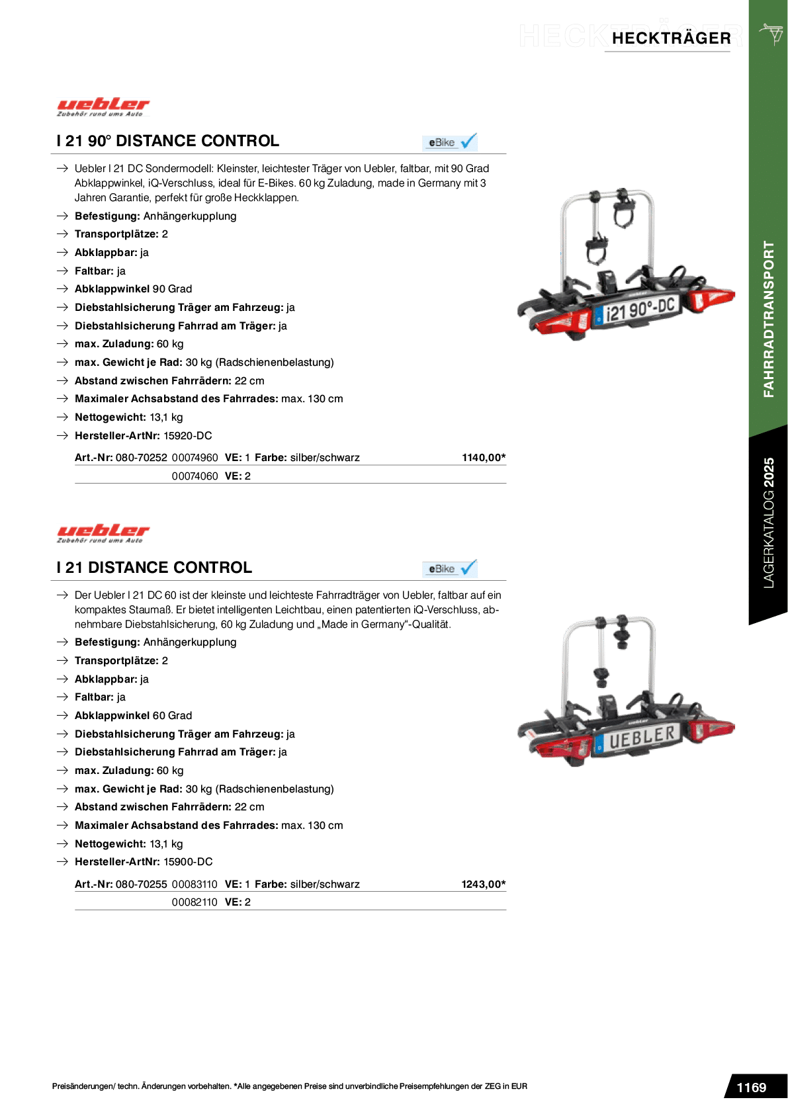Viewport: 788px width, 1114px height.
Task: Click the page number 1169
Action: tap(751, 1088)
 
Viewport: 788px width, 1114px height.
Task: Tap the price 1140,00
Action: tap(483, 458)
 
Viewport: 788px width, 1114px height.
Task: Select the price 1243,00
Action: tap(483, 884)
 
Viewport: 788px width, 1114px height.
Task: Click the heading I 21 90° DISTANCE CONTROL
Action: tap(168, 141)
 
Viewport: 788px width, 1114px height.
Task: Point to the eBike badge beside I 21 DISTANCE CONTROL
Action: tap(450, 569)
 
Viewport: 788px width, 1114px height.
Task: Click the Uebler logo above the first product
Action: tap(103, 107)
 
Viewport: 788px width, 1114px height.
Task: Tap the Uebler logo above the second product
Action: tap(103, 533)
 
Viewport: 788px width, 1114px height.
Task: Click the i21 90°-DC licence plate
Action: tap(636, 309)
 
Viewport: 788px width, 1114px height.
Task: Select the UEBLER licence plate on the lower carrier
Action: tap(636, 738)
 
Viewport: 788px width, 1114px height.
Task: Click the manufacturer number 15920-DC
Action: tap(187, 436)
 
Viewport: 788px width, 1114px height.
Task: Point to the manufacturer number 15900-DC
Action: tap(188, 862)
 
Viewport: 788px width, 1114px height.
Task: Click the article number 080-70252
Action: tap(141, 458)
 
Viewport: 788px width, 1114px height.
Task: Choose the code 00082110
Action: tap(195, 902)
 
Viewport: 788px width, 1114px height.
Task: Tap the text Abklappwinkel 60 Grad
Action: tap(134, 716)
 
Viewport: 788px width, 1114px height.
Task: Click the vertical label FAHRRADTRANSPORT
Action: tap(768, 319)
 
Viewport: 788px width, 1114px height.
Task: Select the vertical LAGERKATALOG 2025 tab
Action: tap(768, 523)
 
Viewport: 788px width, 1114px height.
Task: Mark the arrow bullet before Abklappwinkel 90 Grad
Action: tap(62, 289)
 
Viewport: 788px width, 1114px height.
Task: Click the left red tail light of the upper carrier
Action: tap(563, 324)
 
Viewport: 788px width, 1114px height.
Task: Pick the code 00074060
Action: tap(195, 476)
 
